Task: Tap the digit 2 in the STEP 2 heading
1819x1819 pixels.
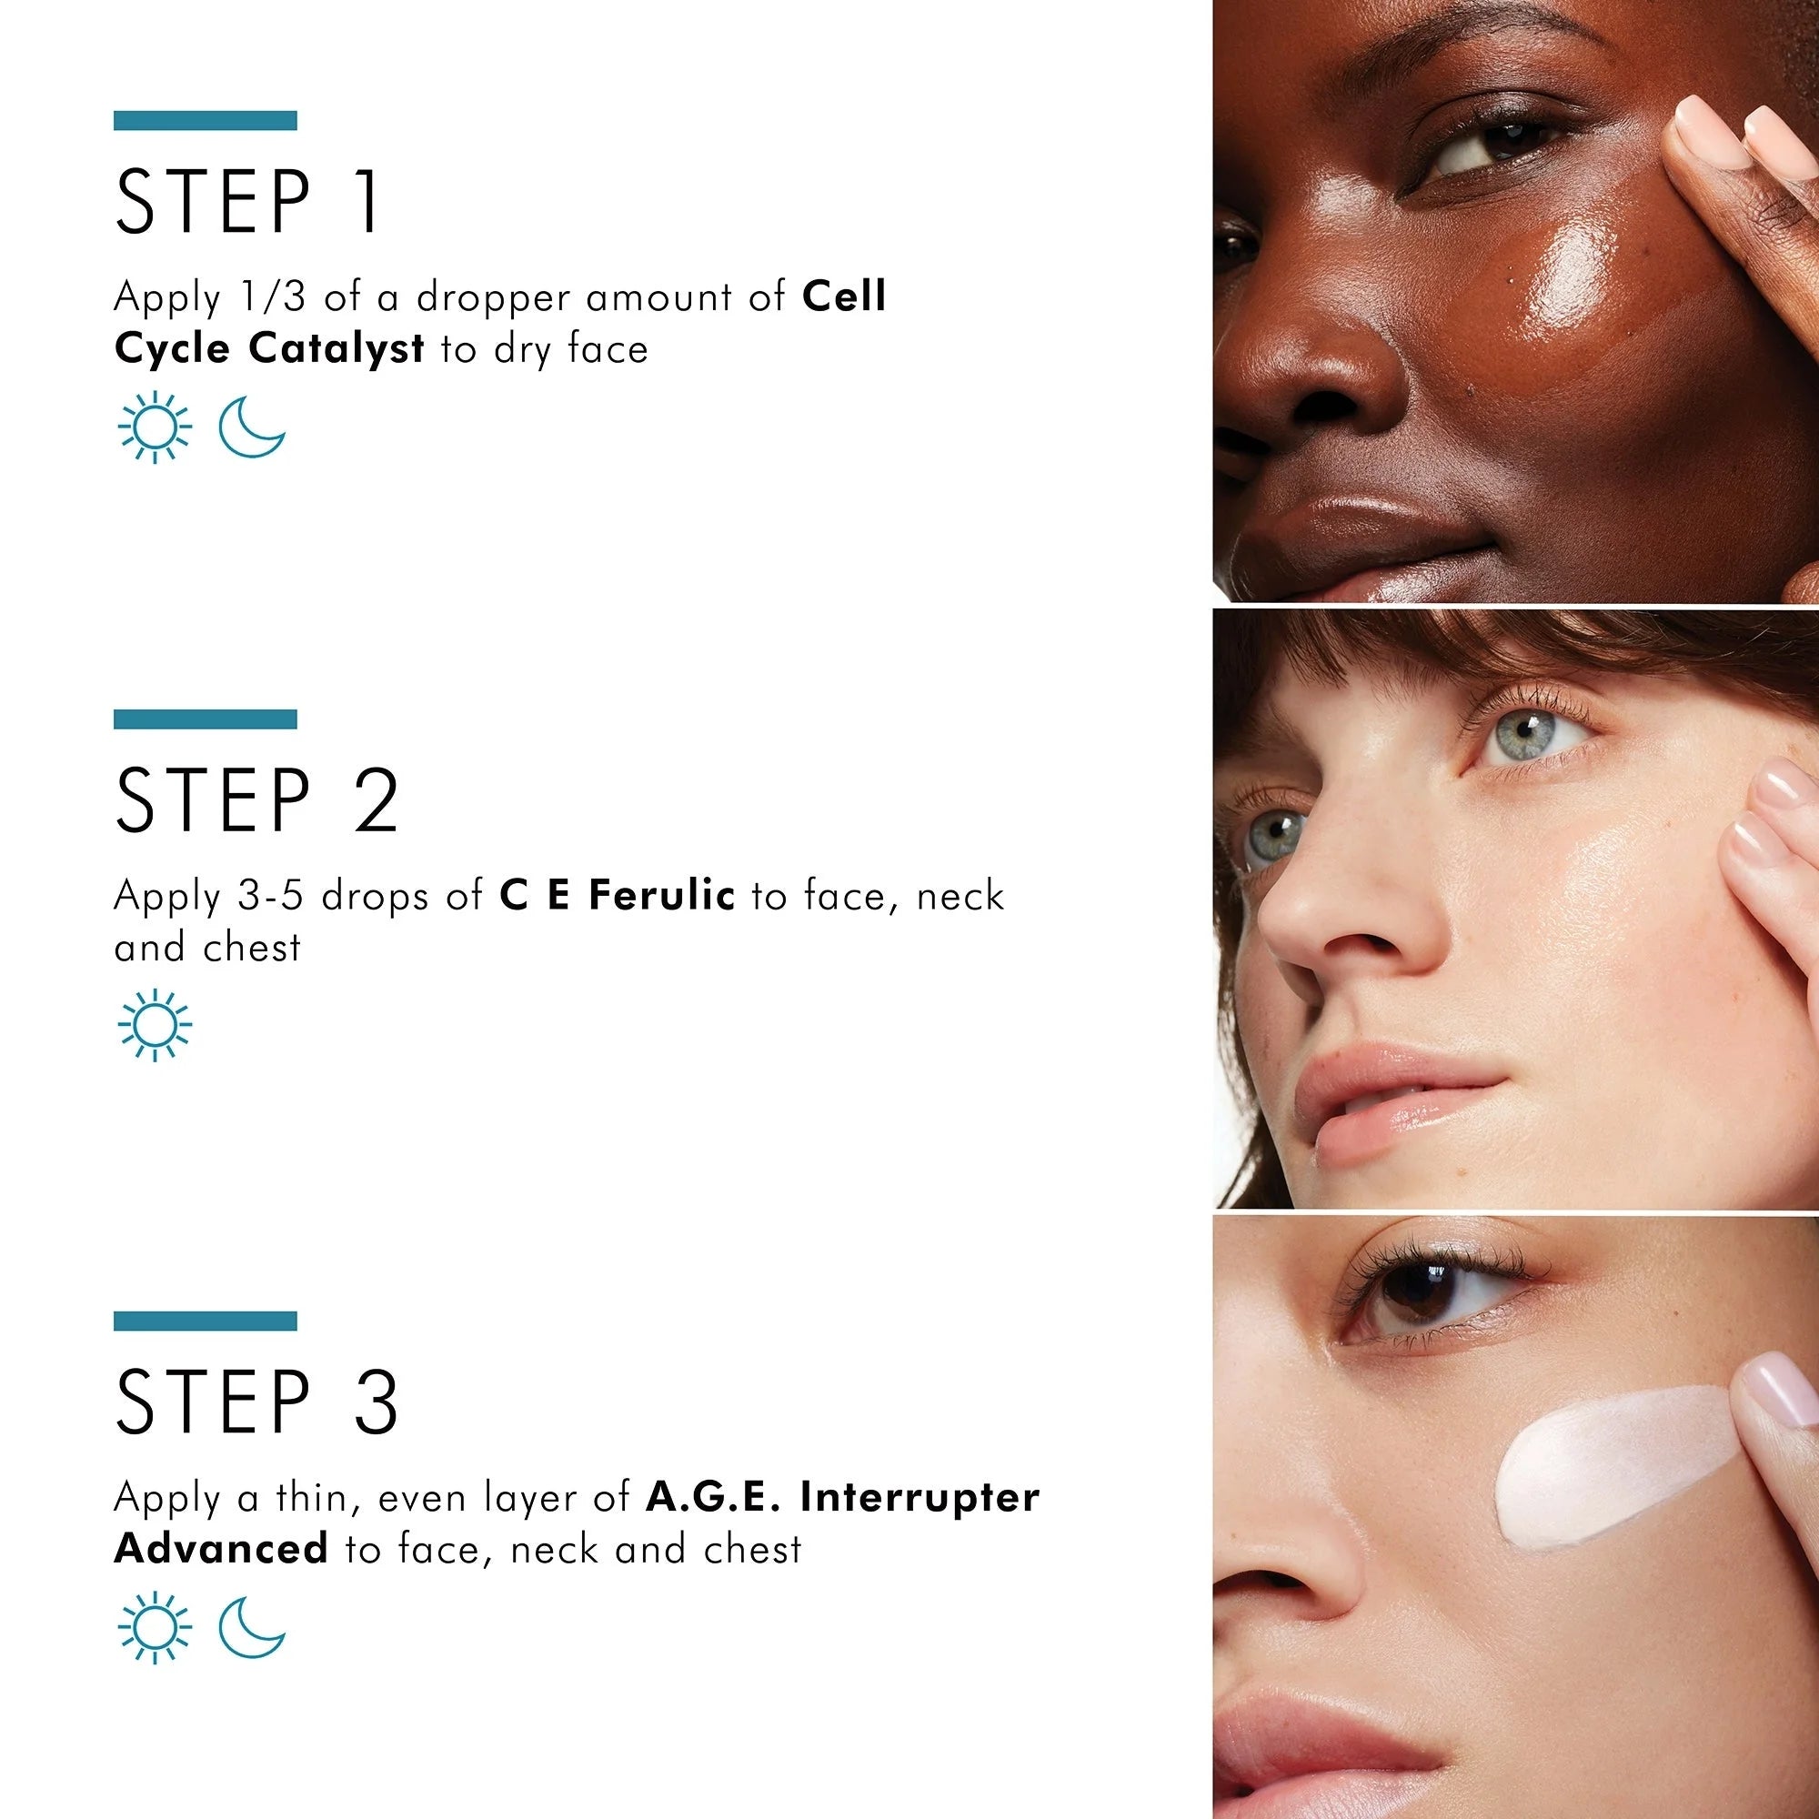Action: point(377,799)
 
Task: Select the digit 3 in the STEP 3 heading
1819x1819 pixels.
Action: point(377,1401)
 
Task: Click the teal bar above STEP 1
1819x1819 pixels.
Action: point(206,121)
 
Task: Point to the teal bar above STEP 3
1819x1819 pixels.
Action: point(206,1321)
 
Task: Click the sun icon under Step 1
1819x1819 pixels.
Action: point(155,428)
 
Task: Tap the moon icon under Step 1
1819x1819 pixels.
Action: point(251,427)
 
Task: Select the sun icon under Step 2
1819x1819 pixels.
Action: point(155,1025)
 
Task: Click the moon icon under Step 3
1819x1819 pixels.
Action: point(251,1627)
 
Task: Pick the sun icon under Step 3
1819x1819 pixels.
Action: point(155,1628)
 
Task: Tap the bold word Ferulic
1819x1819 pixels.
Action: point(662,894)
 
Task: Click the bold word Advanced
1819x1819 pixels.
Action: point(220,1549)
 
